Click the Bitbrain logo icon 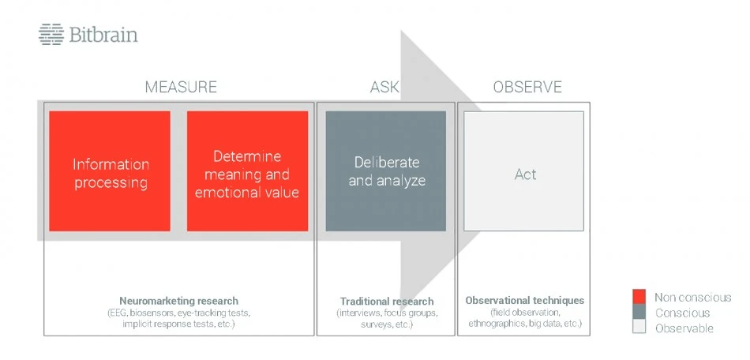click(51, 35)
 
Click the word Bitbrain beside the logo click(103, 35)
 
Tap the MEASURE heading click(181, 87)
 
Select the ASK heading click(384, 87)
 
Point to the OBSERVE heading click(527, 87)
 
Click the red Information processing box click(110, 171)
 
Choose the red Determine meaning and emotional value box click(247, 171)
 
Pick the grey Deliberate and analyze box click(386, 171)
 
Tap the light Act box click(523, 171)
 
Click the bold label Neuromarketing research click(178, 302)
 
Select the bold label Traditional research click(387, 302)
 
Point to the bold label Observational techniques click(525, 301)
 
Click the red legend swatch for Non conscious click(639, 297)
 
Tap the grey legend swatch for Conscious click(639, 312)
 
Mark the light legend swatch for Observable click(639, 327)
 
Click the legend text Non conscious click(692, 298)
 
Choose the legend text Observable click(684, 328)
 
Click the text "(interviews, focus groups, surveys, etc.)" click(387, 319)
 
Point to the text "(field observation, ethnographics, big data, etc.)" click(525, 318)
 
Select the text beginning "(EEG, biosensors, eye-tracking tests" click(179, 319)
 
